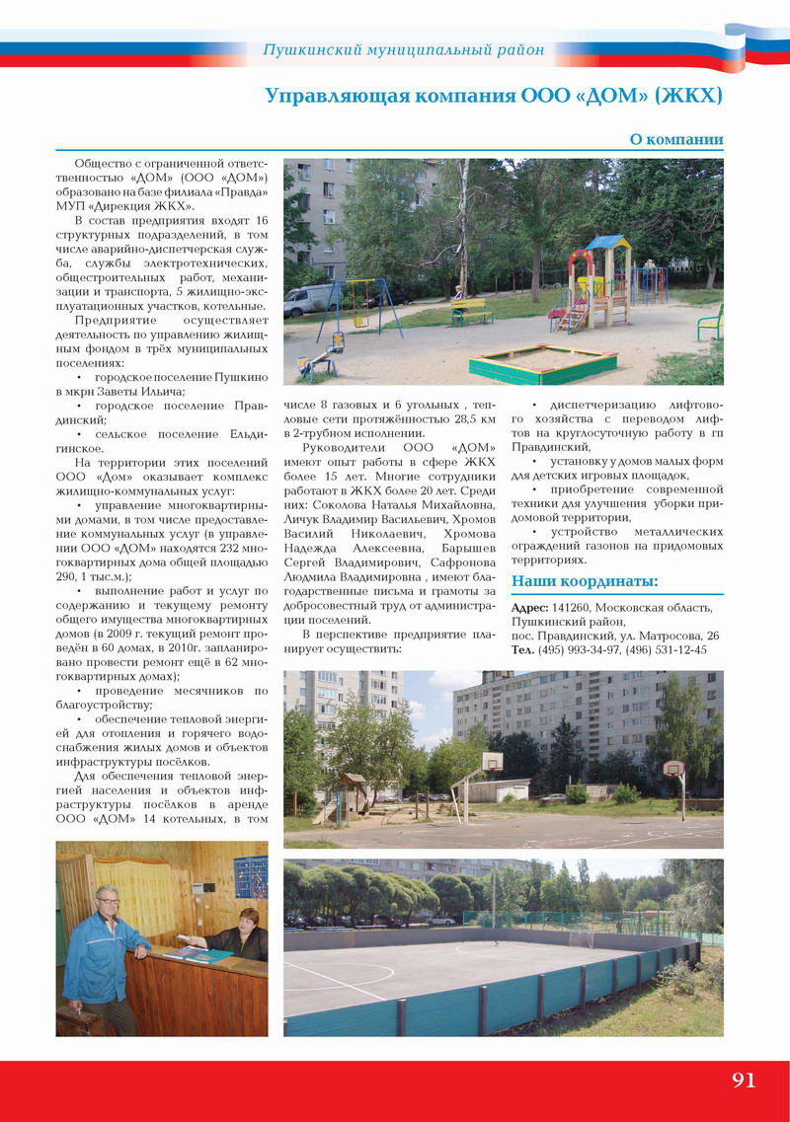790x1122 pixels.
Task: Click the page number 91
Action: click(744, 1080)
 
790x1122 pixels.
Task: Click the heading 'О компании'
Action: click(676, 139)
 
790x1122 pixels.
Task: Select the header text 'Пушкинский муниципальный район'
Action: click(405, 49)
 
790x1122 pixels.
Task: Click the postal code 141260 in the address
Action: click(572, 608)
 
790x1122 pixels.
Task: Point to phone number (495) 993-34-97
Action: click(583, 649)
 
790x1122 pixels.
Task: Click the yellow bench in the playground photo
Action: click(471, 311)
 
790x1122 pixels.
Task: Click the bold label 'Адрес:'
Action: click(530, 608)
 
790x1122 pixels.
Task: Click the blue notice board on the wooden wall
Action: click(251, 876)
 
